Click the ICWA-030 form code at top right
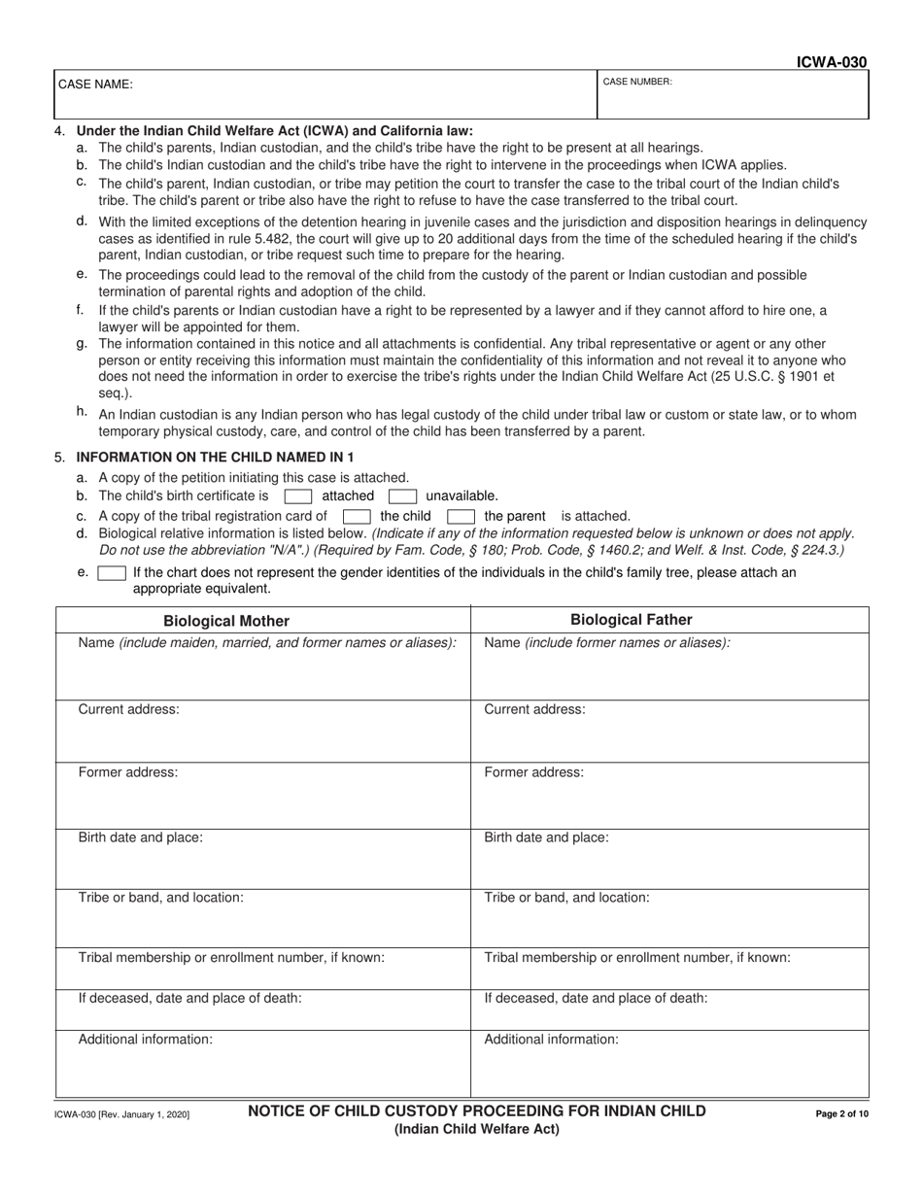click(x=831, y=63)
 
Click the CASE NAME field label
click(x=95, y=85)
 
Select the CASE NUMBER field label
click(x=637, y=83)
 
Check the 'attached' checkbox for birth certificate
click(x=297, y=496)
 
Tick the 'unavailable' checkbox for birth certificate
click(x=402, y=496)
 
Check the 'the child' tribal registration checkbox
click(x=357, y=517)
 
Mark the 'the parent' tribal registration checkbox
click(x=461, y=517)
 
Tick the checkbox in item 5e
click(x=112, y=573)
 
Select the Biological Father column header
click(x=632, y=620)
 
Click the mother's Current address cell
click(x=262, y=723)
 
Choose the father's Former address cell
click(x=669, y=786)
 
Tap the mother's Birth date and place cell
click(x=262, y=850)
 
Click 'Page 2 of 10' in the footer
click(x=841, y=1114)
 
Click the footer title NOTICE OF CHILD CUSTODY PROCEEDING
click(x=477, y=1110)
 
